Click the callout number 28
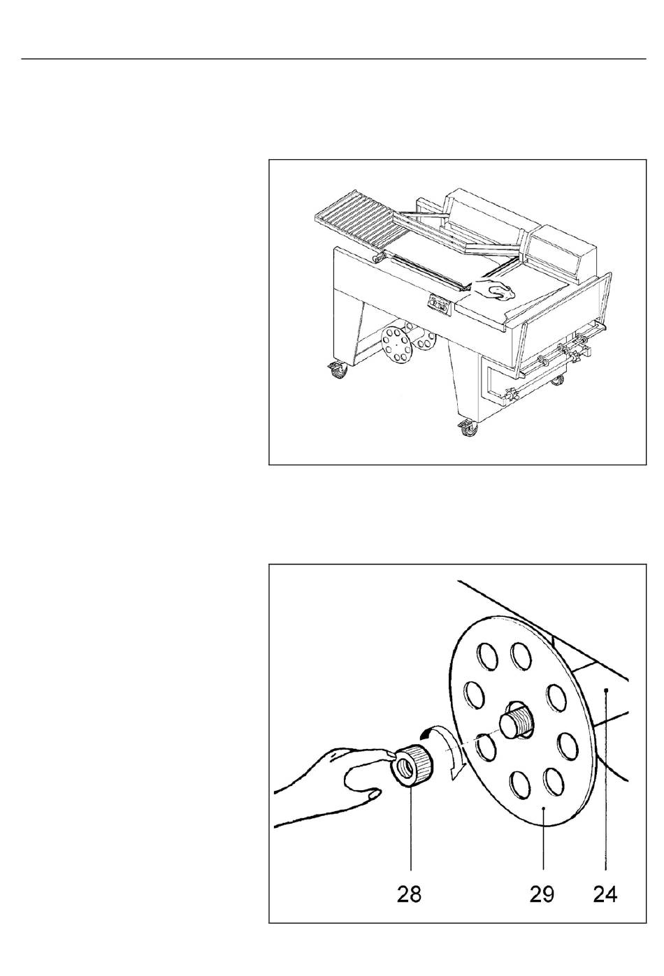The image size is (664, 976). coord(409,894)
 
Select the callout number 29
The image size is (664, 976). coord(542,894)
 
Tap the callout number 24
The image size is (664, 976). coord(605,894)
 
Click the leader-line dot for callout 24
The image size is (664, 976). coord(605,690)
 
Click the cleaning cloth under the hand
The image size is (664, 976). coord(501,293)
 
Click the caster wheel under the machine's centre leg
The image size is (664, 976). coord(468,429)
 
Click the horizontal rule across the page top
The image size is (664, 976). coord(333,59)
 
